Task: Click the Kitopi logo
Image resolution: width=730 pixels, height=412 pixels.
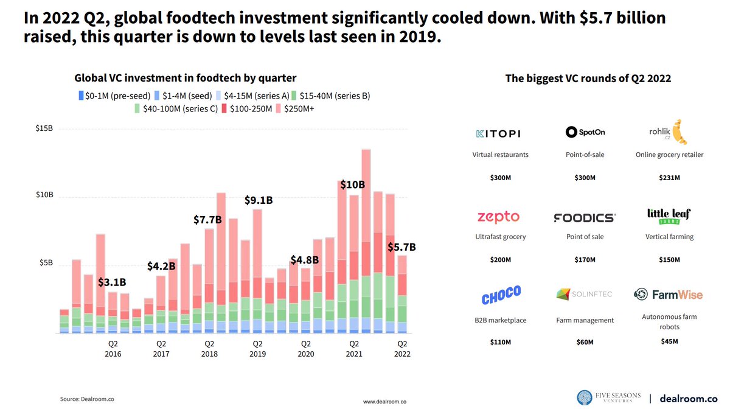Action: pos(497,133)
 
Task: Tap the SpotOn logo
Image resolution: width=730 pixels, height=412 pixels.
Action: pos(585,132)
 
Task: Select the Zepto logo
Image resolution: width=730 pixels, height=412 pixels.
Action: pos(498,217)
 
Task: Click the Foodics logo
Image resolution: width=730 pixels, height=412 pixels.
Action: pos(585,217)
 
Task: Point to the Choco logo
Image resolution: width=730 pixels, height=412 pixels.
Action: pos(501,295)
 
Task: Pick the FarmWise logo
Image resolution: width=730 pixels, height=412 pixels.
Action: pos(668,295)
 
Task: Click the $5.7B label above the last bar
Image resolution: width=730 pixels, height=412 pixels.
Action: pos(402,247)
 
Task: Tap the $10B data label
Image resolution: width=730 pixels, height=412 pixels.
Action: pos(352,184)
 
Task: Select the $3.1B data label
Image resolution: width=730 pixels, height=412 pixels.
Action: pos(112,282)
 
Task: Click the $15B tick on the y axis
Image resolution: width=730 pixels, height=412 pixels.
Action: pos(45,128)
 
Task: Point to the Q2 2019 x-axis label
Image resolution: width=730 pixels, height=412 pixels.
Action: pos(257,348)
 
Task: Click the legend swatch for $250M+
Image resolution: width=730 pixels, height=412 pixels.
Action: pos(279,108)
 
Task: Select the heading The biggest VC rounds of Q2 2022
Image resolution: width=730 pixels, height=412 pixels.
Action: pos(588,79)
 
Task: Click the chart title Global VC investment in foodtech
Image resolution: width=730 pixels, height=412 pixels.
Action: pos(185,78)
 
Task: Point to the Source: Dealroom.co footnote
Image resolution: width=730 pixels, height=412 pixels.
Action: pos(87,399)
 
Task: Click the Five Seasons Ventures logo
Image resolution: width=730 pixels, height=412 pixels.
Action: pos(608,398)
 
